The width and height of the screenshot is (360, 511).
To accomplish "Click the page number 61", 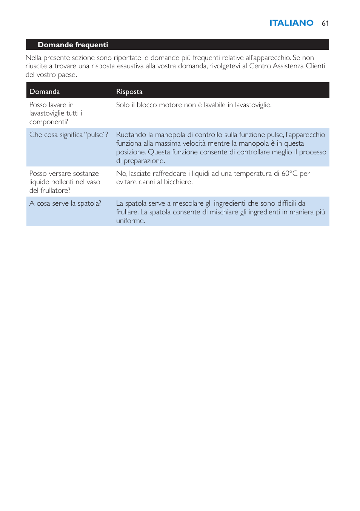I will point(325,23).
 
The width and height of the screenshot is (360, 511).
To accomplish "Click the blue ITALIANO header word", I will point(291,23).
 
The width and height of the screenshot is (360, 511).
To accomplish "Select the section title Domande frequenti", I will point(73,45).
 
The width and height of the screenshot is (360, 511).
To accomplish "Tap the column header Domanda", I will point(45,92).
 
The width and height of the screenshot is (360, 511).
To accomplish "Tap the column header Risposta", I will point(129,92).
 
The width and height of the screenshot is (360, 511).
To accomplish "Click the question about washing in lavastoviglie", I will point(55,113).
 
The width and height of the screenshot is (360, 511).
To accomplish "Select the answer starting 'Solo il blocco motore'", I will point(194,105).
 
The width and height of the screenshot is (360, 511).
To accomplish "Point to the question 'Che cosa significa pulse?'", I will point(69,135).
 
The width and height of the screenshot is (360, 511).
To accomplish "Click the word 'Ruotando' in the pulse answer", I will point(131,135).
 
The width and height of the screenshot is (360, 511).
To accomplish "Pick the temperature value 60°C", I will point(289,174).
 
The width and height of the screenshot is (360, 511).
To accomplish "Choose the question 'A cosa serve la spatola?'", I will point(65,203).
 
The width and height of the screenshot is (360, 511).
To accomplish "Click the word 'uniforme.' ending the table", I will point(131,221).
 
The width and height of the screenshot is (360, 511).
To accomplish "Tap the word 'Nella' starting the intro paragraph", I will point(34,58).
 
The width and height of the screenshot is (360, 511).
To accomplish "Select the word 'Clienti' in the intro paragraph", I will point(315,66).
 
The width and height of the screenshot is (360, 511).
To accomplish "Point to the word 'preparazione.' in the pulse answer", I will point(144,161).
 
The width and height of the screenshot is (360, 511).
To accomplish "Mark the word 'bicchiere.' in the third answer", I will point(178,182).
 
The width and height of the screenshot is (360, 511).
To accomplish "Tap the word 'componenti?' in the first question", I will point(49,122).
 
